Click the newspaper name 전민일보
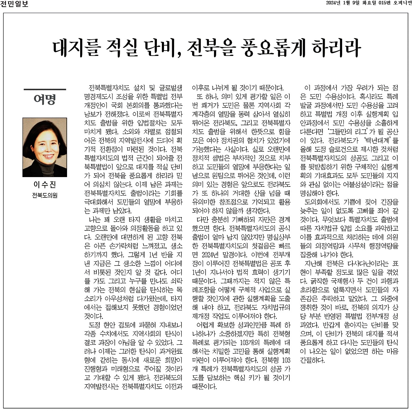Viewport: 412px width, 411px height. point(15,4)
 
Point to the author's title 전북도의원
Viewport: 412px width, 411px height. point(45,196)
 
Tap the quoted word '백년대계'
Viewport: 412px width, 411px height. point(373,141)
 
